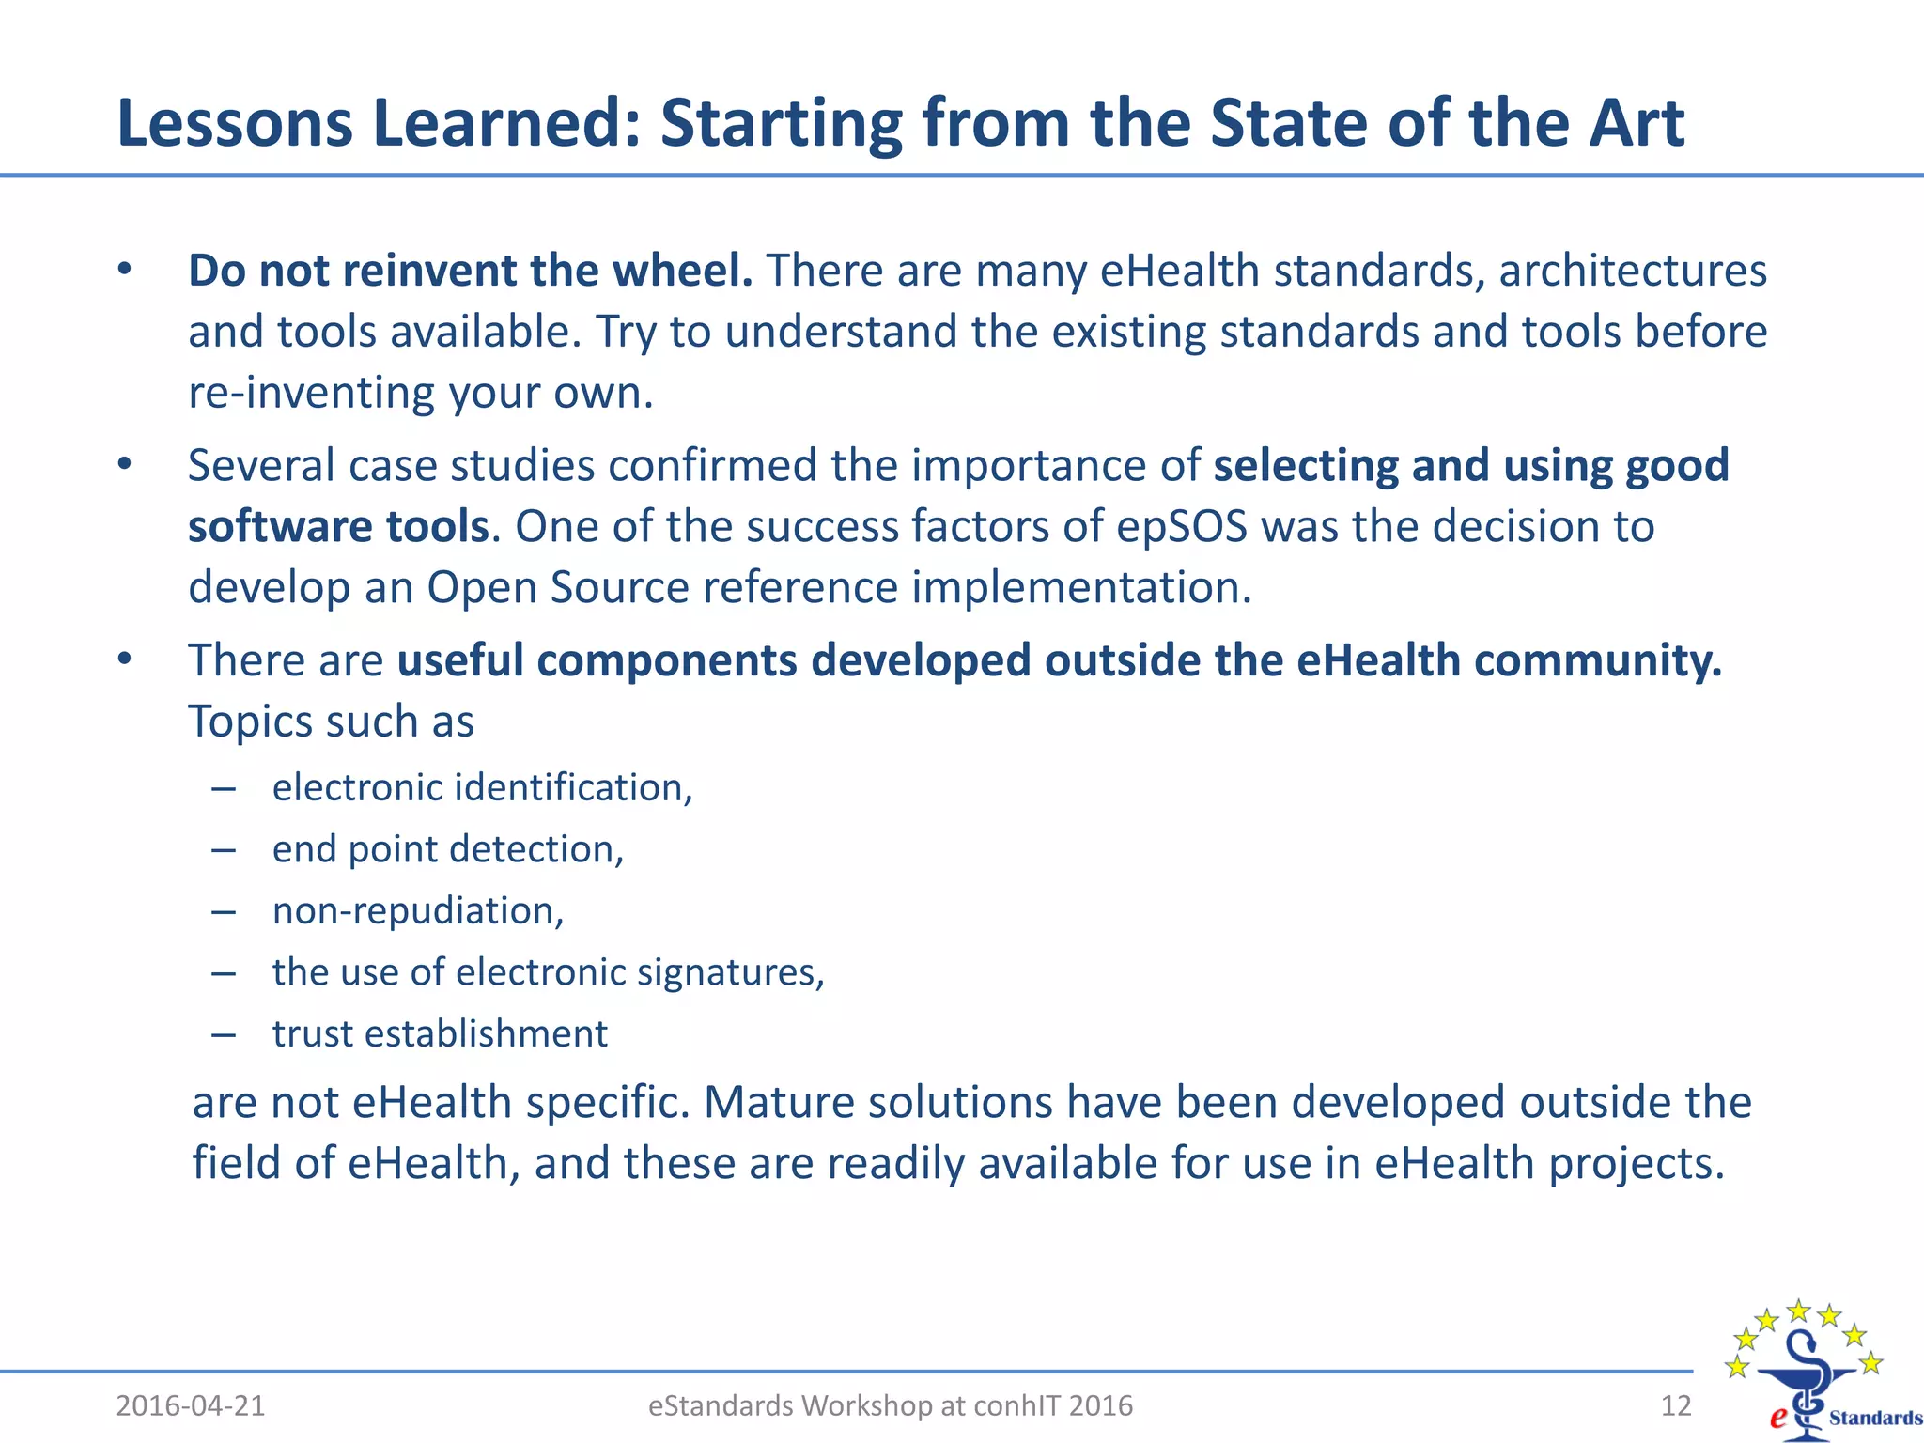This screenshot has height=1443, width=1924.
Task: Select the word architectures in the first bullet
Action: click(1633, 271)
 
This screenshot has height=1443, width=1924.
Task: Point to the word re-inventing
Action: click(311, 393)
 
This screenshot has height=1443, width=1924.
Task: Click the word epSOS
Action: click(1182, 526)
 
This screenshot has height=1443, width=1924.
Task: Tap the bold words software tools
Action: click(338, 526)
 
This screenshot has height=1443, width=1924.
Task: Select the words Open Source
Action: click(558, 587)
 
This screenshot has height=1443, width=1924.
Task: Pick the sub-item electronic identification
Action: click(482, 787)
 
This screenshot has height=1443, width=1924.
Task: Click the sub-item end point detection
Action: click(447, 849)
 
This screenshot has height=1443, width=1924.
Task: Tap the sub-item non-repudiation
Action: click(417, 910)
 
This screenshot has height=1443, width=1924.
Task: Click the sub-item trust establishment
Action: click(440, 1033)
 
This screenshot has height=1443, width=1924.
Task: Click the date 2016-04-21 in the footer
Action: click(191, 1405)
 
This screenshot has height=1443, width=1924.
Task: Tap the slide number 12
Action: click(1676, 1405)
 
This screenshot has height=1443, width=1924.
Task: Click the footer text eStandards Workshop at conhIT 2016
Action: click(891, 1405)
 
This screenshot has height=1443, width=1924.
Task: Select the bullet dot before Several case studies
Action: click(125, 465)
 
